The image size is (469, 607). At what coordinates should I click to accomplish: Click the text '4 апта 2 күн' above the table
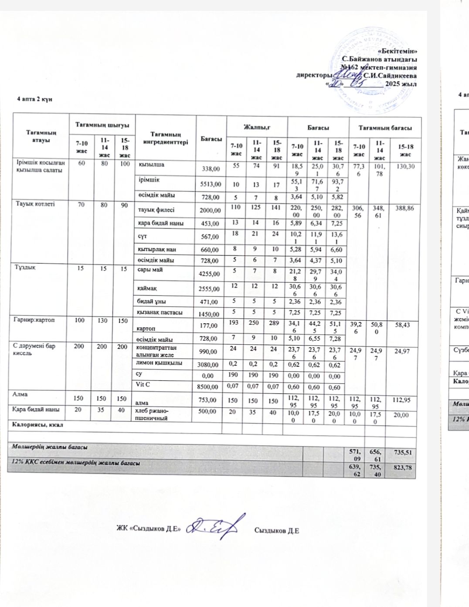tap(35, 99)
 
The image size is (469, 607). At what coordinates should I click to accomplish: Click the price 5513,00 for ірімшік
tap(210, 184)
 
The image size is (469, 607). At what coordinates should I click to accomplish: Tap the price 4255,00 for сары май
tap(210, 274)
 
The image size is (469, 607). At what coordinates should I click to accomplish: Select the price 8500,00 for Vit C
tap(210, 386)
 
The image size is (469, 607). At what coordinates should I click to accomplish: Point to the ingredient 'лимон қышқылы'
tap(158, 363)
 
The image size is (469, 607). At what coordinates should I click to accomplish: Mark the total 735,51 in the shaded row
tap(403, 452)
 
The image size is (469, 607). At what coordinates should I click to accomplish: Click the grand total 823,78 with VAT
tap(403, 467)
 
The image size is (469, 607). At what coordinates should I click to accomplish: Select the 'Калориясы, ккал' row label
tap(36, 425)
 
